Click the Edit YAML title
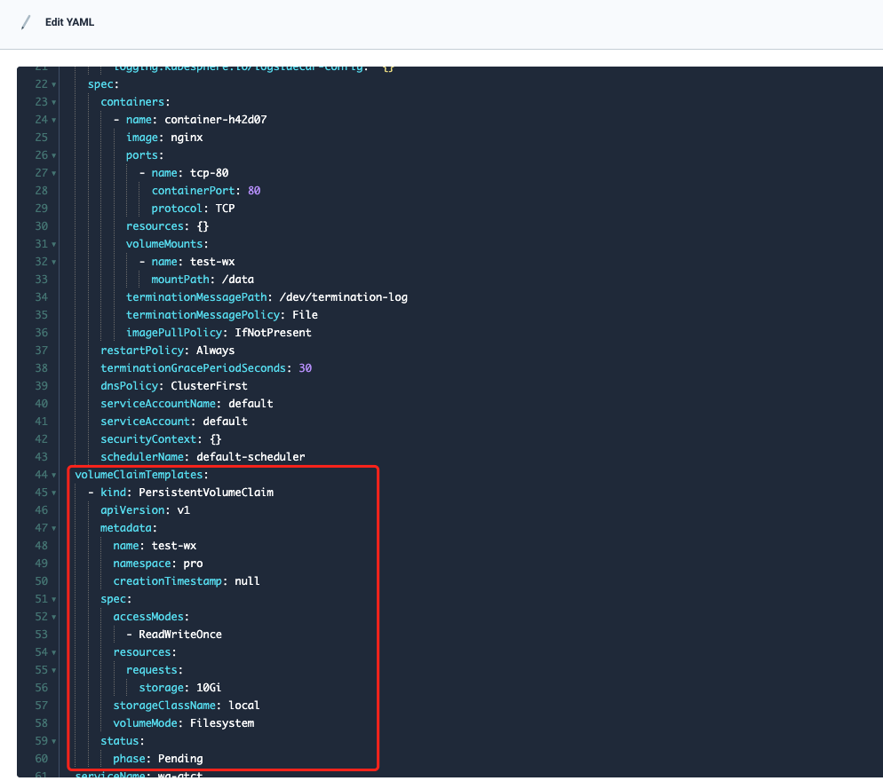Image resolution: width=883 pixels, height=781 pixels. (69, 22)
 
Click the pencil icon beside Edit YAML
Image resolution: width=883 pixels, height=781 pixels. (26, 22)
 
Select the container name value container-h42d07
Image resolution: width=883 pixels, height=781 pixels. (216, 120)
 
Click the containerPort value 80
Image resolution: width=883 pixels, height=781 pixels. (254, 191)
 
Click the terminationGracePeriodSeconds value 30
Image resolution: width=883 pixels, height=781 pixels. (305, 368)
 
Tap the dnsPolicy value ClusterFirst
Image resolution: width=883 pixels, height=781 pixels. (212, 386)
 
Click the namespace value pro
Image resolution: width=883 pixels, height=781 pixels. (193, 564)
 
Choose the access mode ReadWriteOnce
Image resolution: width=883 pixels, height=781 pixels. (180, 635)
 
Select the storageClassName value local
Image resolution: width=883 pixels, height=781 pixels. (244, 706)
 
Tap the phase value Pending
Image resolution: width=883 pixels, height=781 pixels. (180, 759)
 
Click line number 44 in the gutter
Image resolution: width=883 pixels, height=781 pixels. (40, 475)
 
